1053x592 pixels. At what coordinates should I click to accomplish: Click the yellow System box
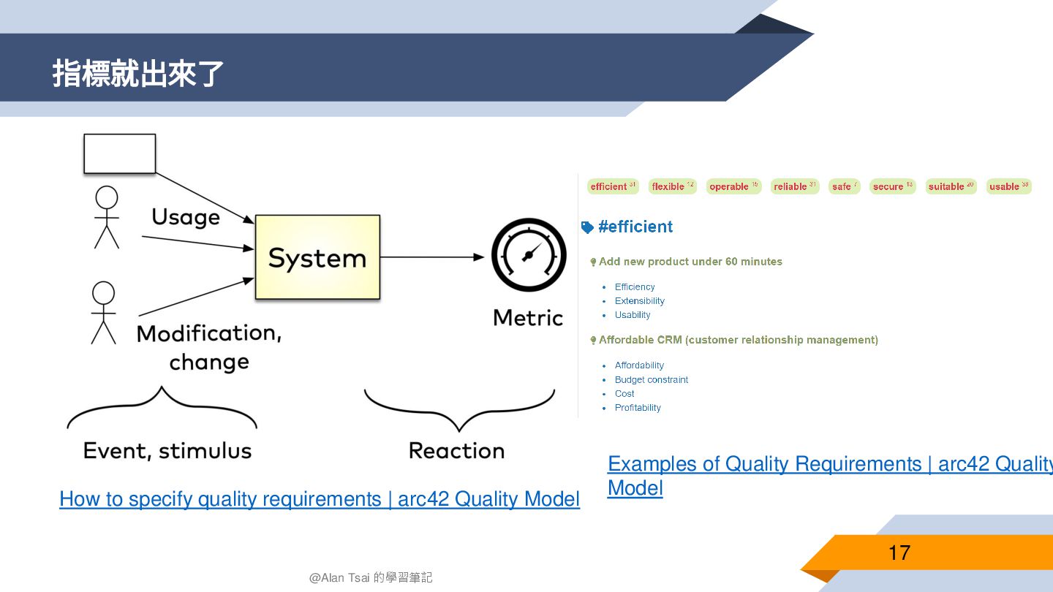tap(317, 257)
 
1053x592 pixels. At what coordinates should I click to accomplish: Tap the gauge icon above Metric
tap(529, 255)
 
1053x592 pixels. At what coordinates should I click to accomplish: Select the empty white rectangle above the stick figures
tap(120, 153)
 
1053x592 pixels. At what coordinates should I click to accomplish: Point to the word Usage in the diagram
tap(186, 217)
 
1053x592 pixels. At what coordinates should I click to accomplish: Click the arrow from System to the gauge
tap(431, 257)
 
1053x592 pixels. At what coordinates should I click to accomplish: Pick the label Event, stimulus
tap(167, 450)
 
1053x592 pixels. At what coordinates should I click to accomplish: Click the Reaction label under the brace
tap(456, 450)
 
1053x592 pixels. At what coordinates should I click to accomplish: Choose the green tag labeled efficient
tap(613, 186)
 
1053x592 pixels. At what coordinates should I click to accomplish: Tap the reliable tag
tap(795, 186)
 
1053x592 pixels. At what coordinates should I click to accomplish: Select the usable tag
tap(1008, 186)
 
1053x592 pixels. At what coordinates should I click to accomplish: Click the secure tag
tap(892, 186)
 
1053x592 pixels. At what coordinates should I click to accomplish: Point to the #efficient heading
tap(635, 227)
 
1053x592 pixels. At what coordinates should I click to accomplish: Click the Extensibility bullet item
tap(639, 301)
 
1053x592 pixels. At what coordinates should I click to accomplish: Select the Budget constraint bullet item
tap(651, 379)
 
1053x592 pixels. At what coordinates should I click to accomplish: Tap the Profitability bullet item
tap(638, 408)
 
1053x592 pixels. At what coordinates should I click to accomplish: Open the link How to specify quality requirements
tap(319, 499)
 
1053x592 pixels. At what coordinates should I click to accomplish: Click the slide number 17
tap(899, 553)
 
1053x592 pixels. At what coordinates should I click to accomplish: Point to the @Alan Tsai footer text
tap(371, 577)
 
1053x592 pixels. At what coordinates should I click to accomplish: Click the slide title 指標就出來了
tap(138, 75)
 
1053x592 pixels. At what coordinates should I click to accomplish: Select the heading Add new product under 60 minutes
tap(690, 262)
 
